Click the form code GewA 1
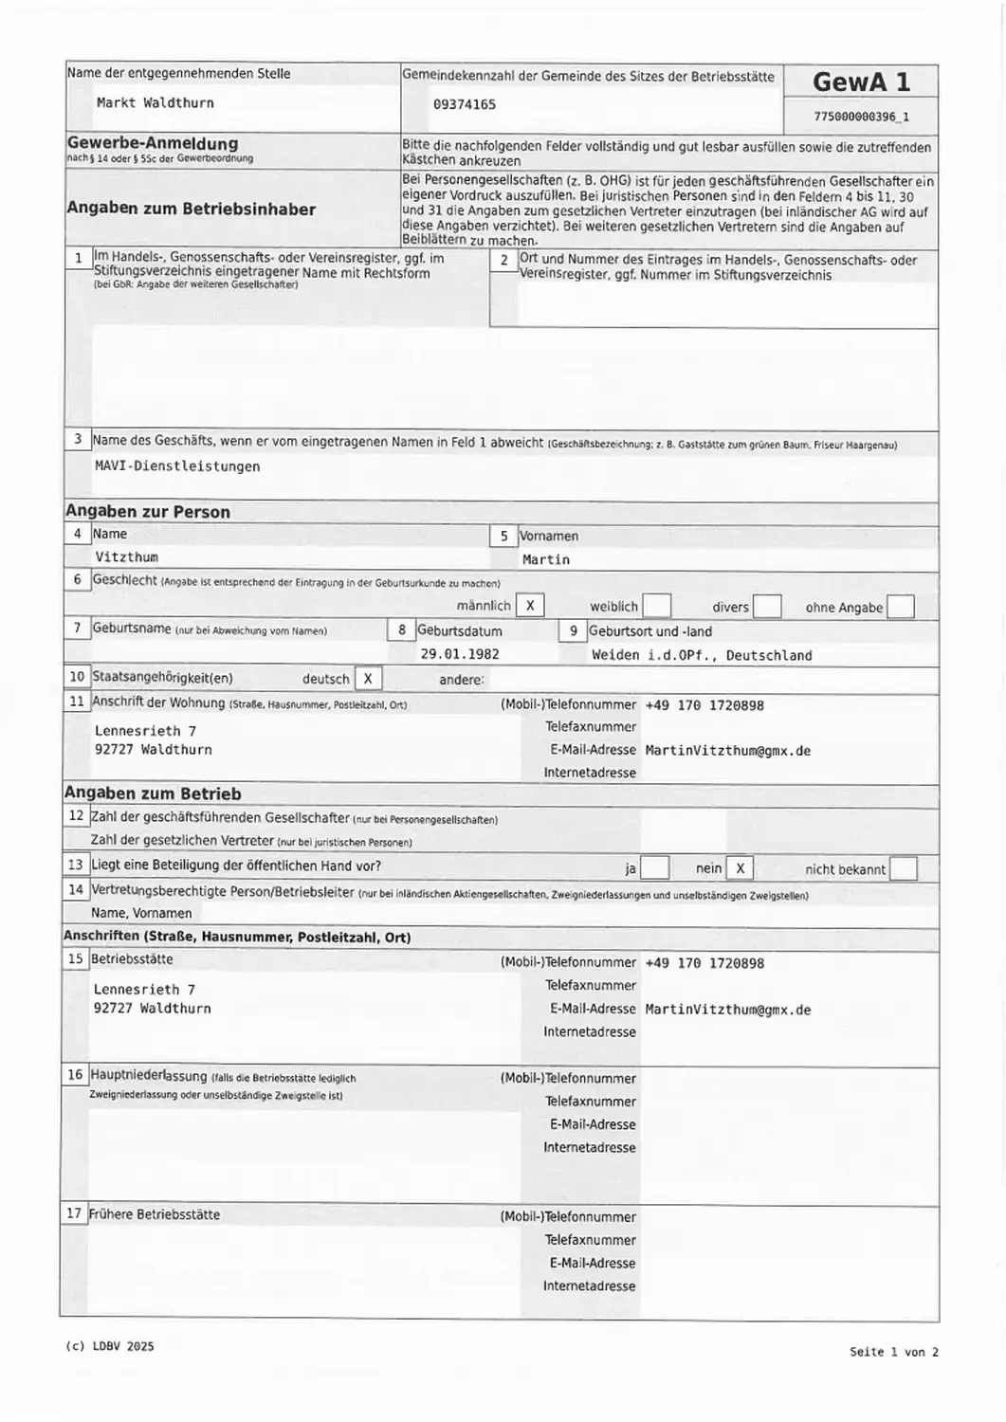(860, 82)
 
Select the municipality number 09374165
(464, 105)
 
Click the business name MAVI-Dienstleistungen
(177, 466)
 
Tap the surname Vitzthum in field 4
(126, 557)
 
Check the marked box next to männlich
(530, 606)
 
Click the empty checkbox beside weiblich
(656, 606)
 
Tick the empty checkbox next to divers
(766, 607)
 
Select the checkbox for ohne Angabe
(900, 607)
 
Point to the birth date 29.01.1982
(459, 654)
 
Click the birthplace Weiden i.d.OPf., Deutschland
(701, 655)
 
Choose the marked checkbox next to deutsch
(368, 679)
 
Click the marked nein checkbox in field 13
(740, 868)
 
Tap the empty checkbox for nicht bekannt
(903, 868)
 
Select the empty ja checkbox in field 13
(655, 868)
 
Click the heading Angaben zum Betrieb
(153, 794)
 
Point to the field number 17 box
(74, 1213)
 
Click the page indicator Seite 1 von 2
(893, 1352)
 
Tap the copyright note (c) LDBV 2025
(110, 1346)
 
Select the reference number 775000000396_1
(860, 118)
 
